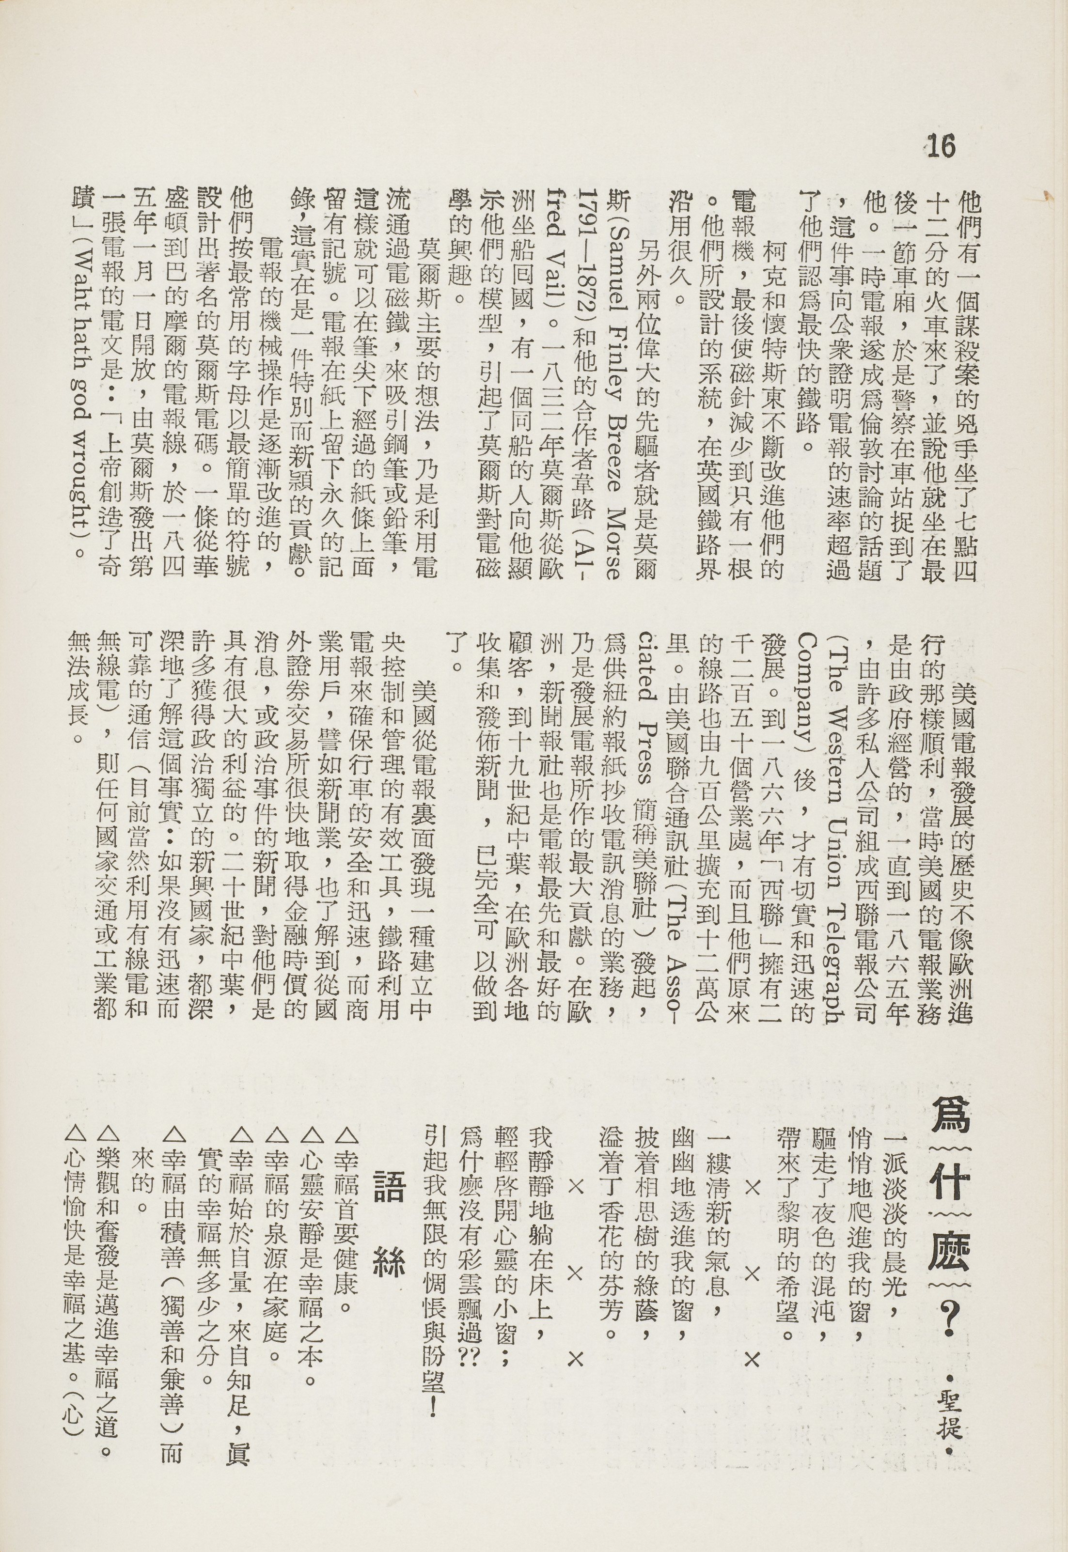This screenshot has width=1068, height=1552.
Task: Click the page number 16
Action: coord(942,146)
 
